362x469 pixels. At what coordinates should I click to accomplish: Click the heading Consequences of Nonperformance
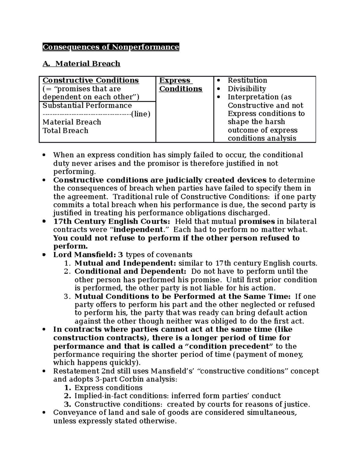111,47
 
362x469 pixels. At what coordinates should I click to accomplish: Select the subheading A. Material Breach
81,64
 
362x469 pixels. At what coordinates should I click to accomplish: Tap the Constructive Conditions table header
91,80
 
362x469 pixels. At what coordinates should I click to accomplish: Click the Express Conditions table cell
180,85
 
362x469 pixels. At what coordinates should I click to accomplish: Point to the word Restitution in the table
247,80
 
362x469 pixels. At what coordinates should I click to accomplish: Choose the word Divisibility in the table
247,89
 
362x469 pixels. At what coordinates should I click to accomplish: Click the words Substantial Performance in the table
87,105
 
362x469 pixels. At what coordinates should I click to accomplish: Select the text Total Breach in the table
65,131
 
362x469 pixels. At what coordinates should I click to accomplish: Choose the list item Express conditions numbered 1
108,388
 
